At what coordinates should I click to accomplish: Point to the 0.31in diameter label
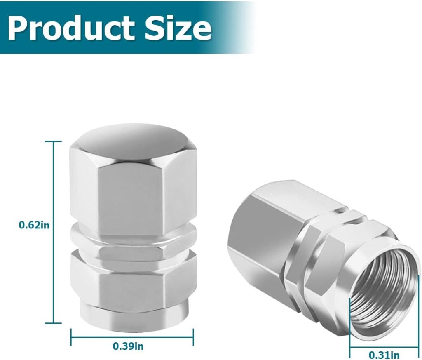coord(384,354)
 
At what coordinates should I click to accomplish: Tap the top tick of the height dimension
coord(53,141)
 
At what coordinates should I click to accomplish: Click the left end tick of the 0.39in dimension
coord(71,336)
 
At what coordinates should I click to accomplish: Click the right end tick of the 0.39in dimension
coord(193,336)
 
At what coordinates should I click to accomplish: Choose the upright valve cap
coord(132,223)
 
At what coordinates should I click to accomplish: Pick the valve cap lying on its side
coord(321,256)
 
